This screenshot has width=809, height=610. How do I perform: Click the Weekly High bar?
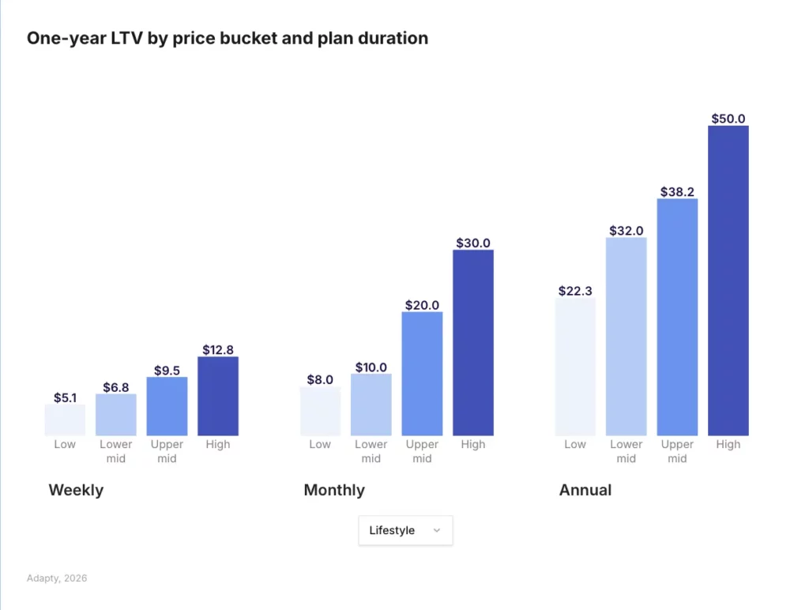218,396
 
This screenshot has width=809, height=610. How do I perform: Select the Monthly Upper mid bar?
422,374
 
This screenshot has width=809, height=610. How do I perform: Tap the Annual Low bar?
575,367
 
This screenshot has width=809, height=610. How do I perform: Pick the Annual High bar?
728,281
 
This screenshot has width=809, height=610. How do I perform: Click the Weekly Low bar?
65,420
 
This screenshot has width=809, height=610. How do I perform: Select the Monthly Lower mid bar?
371,405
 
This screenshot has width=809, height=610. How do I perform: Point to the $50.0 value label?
728,119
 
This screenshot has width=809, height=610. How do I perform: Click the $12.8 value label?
218,349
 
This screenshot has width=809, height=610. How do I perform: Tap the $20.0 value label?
422,305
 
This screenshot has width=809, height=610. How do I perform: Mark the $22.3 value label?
575,291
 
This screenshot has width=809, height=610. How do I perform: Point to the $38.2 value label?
677,191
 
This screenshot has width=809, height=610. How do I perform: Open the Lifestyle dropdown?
405,530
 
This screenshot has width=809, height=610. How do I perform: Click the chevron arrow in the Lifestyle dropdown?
437,531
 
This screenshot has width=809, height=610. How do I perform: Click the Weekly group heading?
76,490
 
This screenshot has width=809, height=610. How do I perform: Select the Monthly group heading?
334,490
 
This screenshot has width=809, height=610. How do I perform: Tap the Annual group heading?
585,490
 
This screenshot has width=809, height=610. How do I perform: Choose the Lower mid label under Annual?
626,451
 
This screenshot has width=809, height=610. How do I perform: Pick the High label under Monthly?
473,444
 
